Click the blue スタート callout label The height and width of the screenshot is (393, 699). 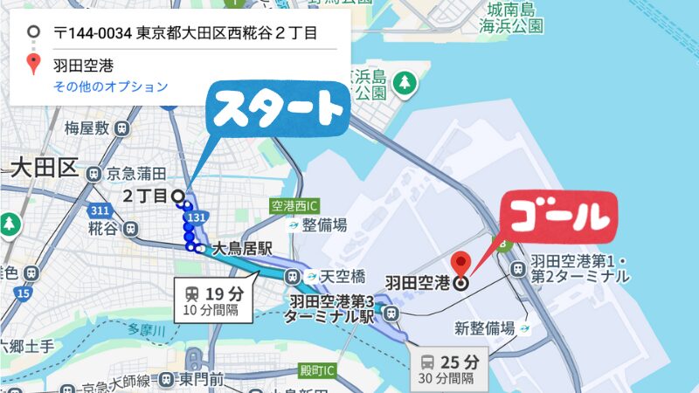point(278,110)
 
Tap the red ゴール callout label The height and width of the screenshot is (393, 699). point(557,215)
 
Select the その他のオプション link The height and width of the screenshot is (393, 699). point(111,86)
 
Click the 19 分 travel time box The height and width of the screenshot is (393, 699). point(215,299)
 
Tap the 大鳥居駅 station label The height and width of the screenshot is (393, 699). point(242,249)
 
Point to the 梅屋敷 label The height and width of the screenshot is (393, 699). point(87,128)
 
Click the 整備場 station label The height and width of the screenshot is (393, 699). point(325,224)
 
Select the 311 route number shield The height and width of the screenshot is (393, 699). point(99,210)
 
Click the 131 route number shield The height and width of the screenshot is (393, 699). point(198,216)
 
